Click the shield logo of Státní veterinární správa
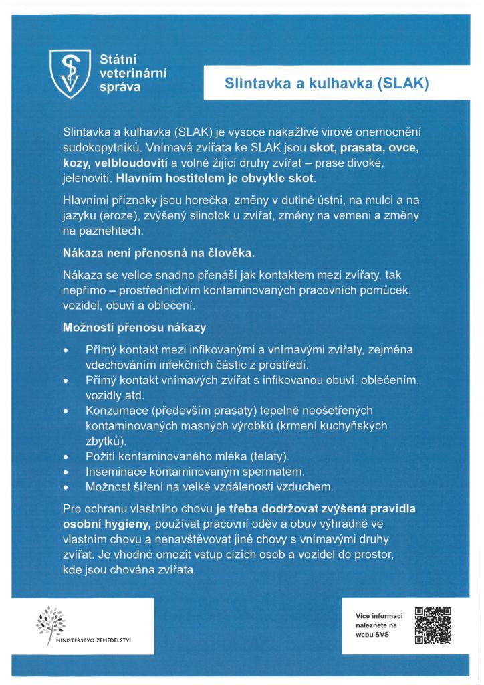(71, 73)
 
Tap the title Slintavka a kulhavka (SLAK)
(326, 84)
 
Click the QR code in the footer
(433, 625)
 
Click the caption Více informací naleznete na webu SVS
(380, 625)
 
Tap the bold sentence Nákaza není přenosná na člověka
(158, 254)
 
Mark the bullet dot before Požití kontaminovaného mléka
(66, 457)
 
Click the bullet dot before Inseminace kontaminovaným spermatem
(66, 472)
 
